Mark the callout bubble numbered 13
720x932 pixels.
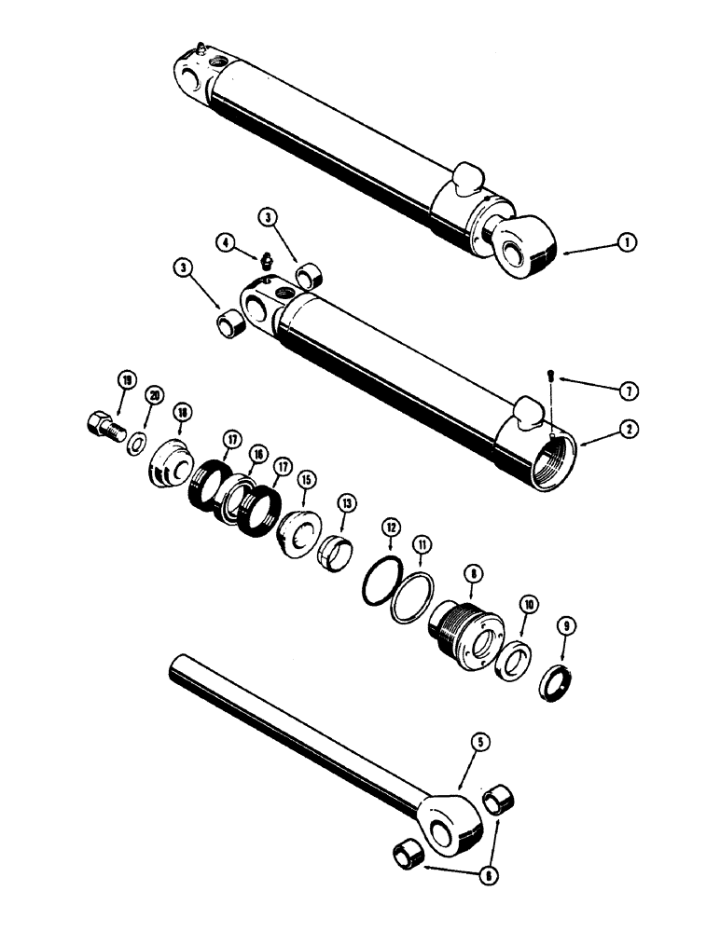tap(347, 503)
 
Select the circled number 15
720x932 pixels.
tap(306, 479)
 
